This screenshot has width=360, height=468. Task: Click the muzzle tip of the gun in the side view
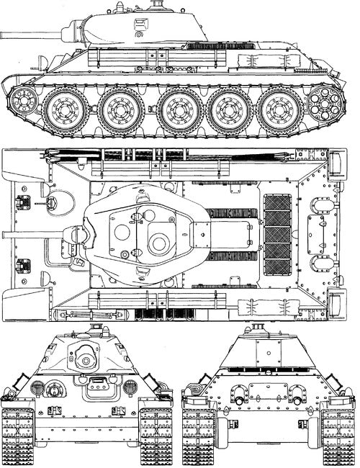click(3, 33)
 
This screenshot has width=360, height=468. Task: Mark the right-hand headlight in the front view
click(130, 387)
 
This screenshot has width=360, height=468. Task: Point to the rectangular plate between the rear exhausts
click(269, 392)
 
